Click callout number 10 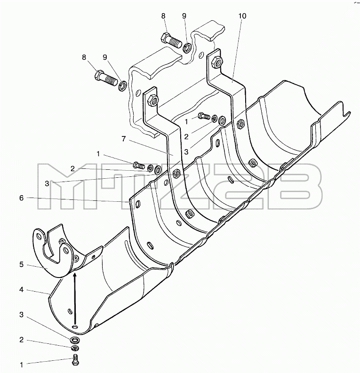[242, 16]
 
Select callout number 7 [123, 139]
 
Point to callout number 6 [22, 198]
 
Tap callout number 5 [22, 264]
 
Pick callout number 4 [22, 290]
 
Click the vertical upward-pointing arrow [75, 300]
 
